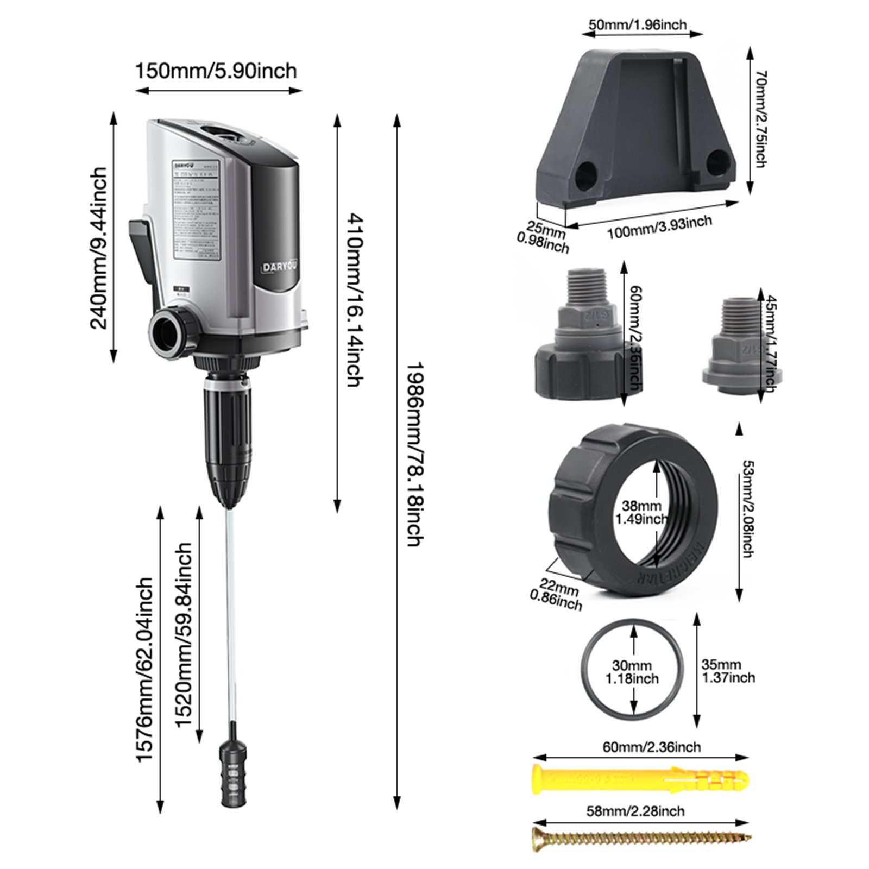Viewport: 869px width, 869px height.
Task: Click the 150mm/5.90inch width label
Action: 216,71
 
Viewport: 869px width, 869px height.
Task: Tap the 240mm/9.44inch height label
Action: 99,248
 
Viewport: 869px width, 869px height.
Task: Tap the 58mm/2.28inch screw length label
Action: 635,811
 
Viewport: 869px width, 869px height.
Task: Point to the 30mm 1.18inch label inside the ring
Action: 633,672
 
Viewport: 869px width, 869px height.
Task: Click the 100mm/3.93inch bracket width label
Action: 659,228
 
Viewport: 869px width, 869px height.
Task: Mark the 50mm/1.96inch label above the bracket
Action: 638,25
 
